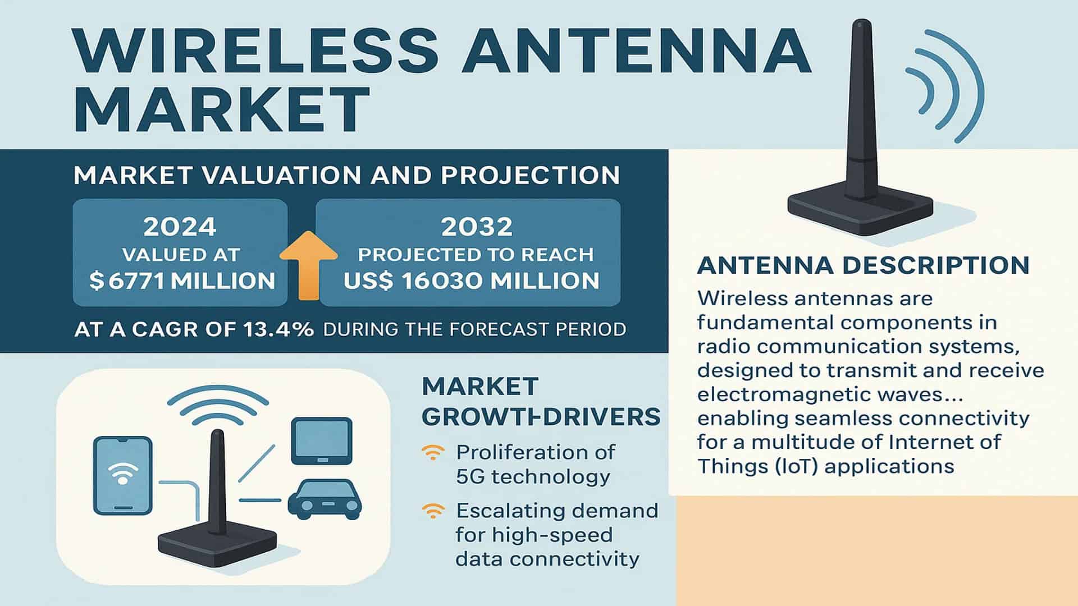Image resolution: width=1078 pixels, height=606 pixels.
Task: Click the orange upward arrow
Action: coord(308,267)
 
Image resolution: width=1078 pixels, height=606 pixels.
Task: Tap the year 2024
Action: coord(180,227)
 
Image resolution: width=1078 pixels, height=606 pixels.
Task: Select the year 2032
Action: coord(477,227)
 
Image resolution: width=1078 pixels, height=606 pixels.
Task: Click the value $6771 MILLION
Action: coord(182,281)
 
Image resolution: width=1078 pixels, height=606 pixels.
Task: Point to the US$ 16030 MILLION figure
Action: coord(471,281)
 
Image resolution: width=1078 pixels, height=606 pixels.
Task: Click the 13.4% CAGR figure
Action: coord(279,329)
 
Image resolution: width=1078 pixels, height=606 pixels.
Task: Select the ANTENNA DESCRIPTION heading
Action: coord(863,265)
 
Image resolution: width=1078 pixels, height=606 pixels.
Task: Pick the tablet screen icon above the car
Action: coord(322,440)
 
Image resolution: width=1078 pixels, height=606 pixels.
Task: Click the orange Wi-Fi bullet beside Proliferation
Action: coord(432,452)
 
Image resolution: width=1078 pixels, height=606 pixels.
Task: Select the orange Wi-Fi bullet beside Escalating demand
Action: coord(432,511)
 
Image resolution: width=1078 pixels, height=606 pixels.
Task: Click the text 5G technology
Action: coord(533,477)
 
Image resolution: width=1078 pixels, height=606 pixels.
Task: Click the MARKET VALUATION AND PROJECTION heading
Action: coord(346,176)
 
